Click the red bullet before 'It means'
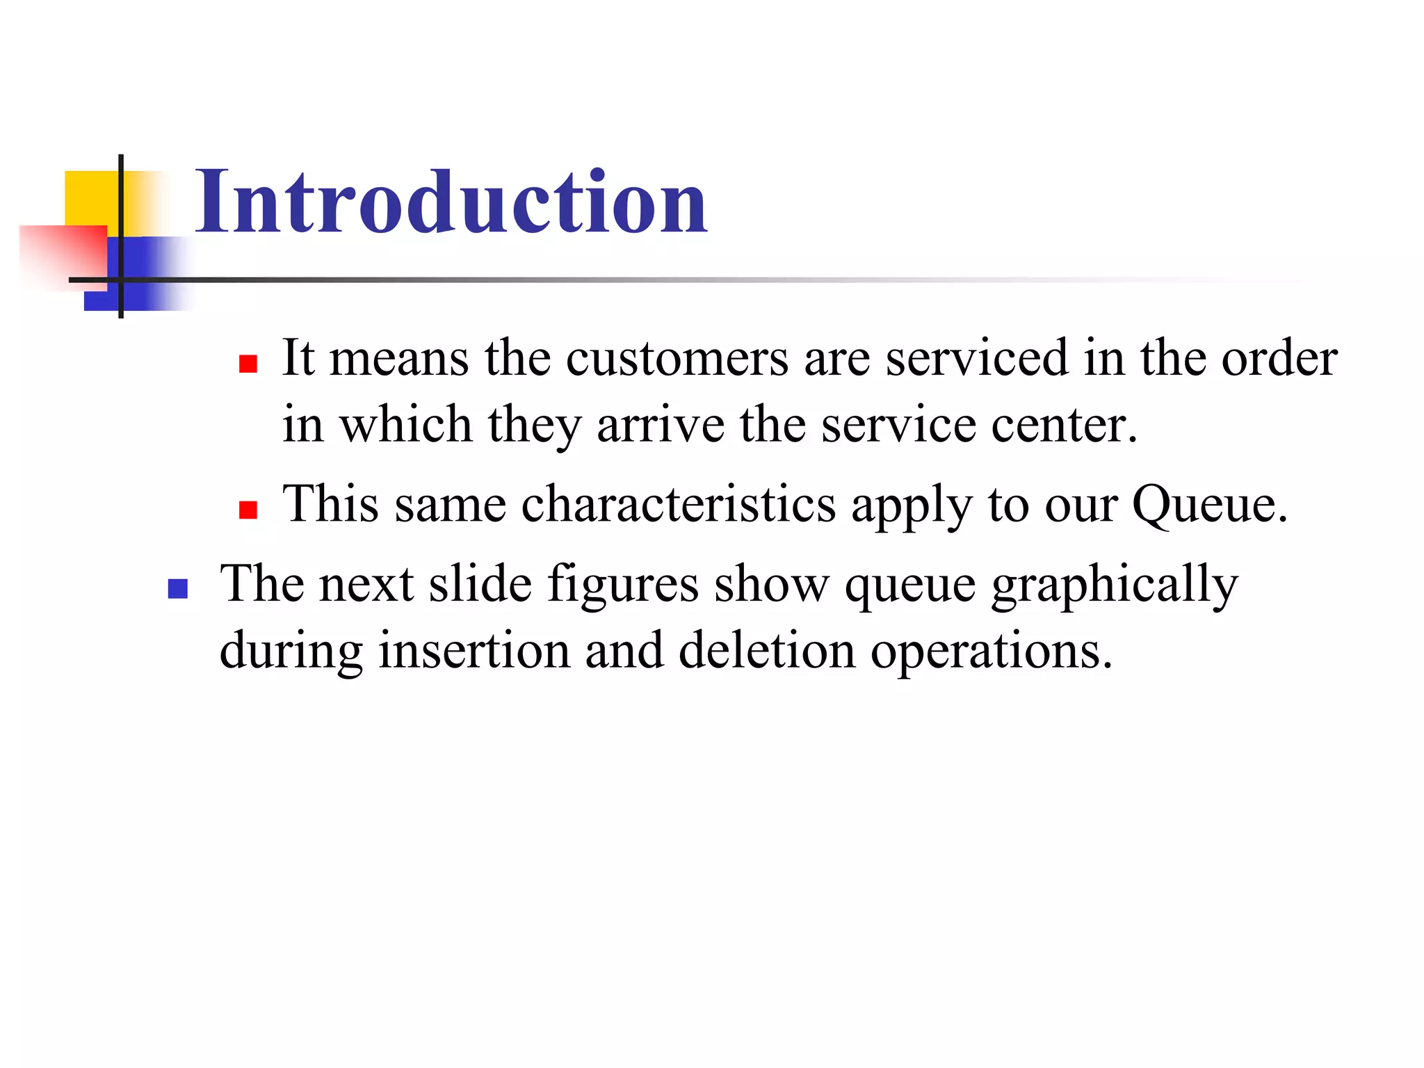coord(248,364)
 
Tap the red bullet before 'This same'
coord(248,510)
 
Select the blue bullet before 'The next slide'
coord(178,590)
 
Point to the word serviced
coord(976,359)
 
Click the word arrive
coord(660,424)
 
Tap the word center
coord(1063,424)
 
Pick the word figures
coord(622,584)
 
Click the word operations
coord(992,652)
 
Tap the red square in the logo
coord(63,254)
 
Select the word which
coord(405,424)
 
